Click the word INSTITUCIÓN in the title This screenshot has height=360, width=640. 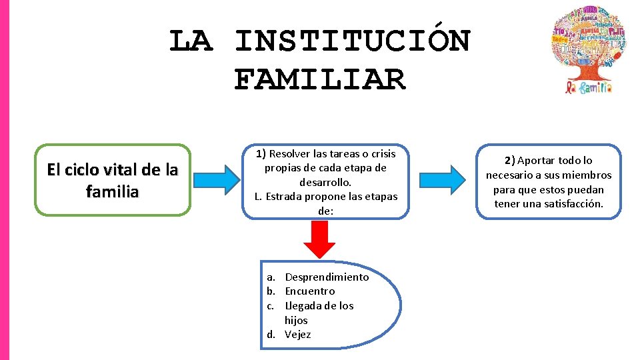point(353,41)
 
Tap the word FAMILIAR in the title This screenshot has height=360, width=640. point(320,80)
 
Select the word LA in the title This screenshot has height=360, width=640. point(191,41)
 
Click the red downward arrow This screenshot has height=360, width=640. point(323,239)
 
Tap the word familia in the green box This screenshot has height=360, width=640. point(113,192)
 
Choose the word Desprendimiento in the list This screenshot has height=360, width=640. point(327,277)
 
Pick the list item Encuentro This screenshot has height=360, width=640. point(310,291)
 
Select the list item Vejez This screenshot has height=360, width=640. point(298,334)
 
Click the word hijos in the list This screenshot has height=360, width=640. point(296,320)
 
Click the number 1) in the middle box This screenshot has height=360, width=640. point(261,154)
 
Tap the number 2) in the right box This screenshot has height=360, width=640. point(509,160)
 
